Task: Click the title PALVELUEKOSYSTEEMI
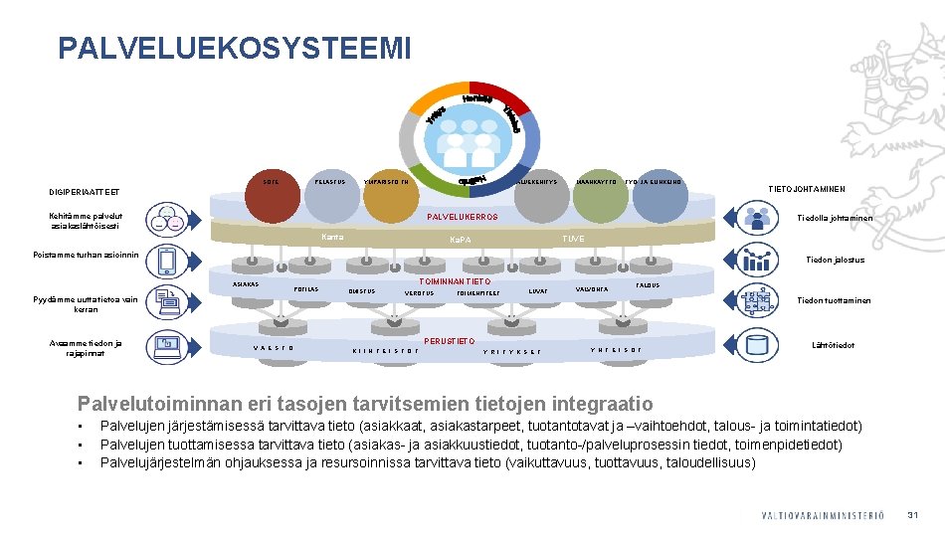[x=234, y=48]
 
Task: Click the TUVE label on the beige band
[x=573, y=239]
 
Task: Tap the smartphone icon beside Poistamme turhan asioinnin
[x=166, y=261]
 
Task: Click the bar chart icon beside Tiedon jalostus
[x=761, y=260]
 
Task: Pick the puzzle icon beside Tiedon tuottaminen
[x=760, y=300]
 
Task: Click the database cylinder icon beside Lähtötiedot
[x=761, y=346]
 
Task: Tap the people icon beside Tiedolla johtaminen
[x=760, y=219]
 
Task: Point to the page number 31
[x=911, y=514]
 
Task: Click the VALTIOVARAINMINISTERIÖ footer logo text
[x=822, y=515]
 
